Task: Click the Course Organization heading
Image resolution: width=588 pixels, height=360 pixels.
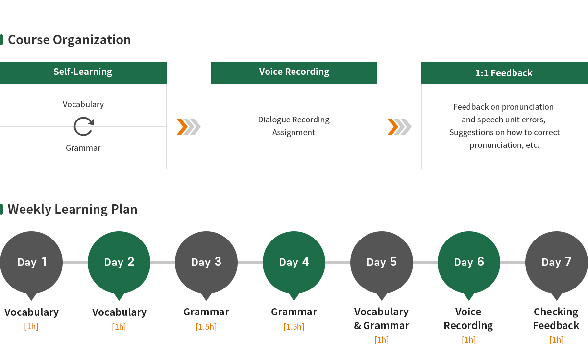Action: point(69,40)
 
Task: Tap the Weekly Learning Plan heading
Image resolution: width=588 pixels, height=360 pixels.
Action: point(73,210)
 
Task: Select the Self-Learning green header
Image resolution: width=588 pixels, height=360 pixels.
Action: point(83,72)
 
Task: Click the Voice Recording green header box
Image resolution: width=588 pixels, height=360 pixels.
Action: point(294,72)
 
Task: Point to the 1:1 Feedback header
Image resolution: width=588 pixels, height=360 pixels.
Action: point(505,72)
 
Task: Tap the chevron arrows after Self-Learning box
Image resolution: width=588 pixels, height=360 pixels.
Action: point(189,127)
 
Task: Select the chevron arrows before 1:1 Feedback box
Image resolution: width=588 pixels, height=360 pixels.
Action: point(399,127)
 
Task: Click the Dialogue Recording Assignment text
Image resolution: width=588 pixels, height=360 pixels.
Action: point(294,126)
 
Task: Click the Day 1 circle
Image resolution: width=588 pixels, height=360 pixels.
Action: point(31,263)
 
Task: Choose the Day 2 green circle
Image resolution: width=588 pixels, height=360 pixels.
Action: point(119,263)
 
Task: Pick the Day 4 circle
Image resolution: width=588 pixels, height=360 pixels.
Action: point(294,263)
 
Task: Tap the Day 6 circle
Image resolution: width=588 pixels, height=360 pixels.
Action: point(469,263)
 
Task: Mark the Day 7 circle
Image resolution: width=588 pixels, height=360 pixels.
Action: point(557,263)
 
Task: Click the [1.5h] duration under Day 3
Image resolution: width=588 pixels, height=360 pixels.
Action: point(206,327)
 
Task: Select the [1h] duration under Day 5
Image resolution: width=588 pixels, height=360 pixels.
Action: point(381,340)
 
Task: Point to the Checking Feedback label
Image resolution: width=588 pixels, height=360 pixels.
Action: point(556,318)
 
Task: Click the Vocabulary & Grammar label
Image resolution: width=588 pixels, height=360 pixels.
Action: point(381,318)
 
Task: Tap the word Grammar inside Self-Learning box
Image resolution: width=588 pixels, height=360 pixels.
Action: point(83,148)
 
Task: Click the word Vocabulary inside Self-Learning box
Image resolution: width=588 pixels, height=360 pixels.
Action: point(83,105)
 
